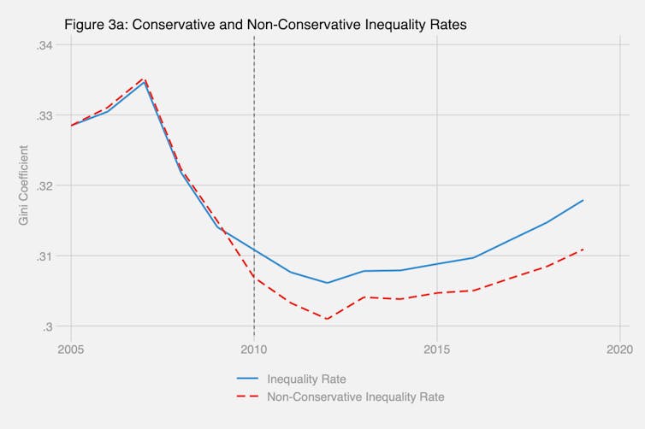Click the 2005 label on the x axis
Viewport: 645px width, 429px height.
pos(72,350)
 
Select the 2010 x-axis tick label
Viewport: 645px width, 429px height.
pos(254,350)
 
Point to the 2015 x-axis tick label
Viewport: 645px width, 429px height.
pos(437,350)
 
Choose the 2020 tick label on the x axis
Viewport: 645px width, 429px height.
pos(619,350)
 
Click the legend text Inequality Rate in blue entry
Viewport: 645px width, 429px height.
pos(306,379)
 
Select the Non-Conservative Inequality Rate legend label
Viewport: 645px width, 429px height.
pos(355,397)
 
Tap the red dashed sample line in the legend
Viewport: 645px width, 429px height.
pos(248,397)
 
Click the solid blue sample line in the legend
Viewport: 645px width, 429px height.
pos(248,379)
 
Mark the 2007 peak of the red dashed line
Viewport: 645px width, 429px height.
pos(145,78)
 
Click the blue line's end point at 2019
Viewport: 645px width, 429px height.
pos(583,200)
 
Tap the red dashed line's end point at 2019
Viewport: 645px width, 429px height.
pos(583,250)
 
